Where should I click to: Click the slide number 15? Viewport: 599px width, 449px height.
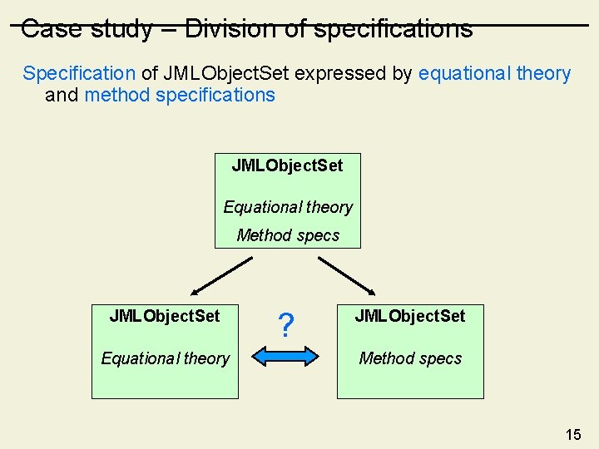pyautogui.click(x=573, y=434)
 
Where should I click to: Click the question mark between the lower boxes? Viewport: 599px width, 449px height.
pyautogui.click(x=286, y=326)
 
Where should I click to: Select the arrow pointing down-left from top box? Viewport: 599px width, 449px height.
pyautogui.click(x=220, y=276)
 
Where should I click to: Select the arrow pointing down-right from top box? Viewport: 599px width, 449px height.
pyautogui.click(x=348, y=276)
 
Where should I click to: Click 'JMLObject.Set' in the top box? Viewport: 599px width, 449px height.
pyautogui.click(x=287, y=165)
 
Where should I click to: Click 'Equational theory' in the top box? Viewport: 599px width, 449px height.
pyautogui.click(x=288, y=207)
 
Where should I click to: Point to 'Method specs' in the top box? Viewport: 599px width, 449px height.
pyautogui.click(x=288, y=235)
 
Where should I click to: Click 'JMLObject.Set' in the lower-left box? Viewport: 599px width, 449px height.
pyautogui.click(x=165, y=316)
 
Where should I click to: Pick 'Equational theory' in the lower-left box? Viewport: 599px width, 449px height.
pyautogui.click(x=165, y=358)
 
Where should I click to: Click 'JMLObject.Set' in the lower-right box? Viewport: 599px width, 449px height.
pyautogui.click(x=410, y=316)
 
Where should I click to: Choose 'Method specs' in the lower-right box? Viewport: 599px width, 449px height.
pyautogui.click(x=410, y=358)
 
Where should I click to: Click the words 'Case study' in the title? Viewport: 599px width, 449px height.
pyautogui.click(x=87, y=29)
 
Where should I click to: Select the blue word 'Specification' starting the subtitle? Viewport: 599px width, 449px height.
pyautogui.click(x=78, y=73)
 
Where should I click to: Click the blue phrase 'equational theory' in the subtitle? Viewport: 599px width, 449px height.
pyautogui.click(x=494, y=73)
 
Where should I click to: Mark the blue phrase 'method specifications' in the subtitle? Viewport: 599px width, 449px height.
pyautogui.click(x=180, y=95)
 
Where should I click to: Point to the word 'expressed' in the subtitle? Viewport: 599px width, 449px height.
pyautogui.click(x=340, y=73)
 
